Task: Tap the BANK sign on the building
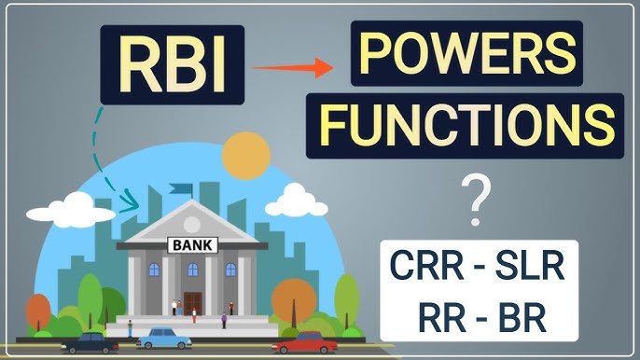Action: [x=192, y=246]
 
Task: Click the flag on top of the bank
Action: [x=181, y=189]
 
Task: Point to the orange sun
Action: [x=246, y=154]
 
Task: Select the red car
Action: [x=304, y=343]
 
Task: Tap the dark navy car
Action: [x=88, y=342]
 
